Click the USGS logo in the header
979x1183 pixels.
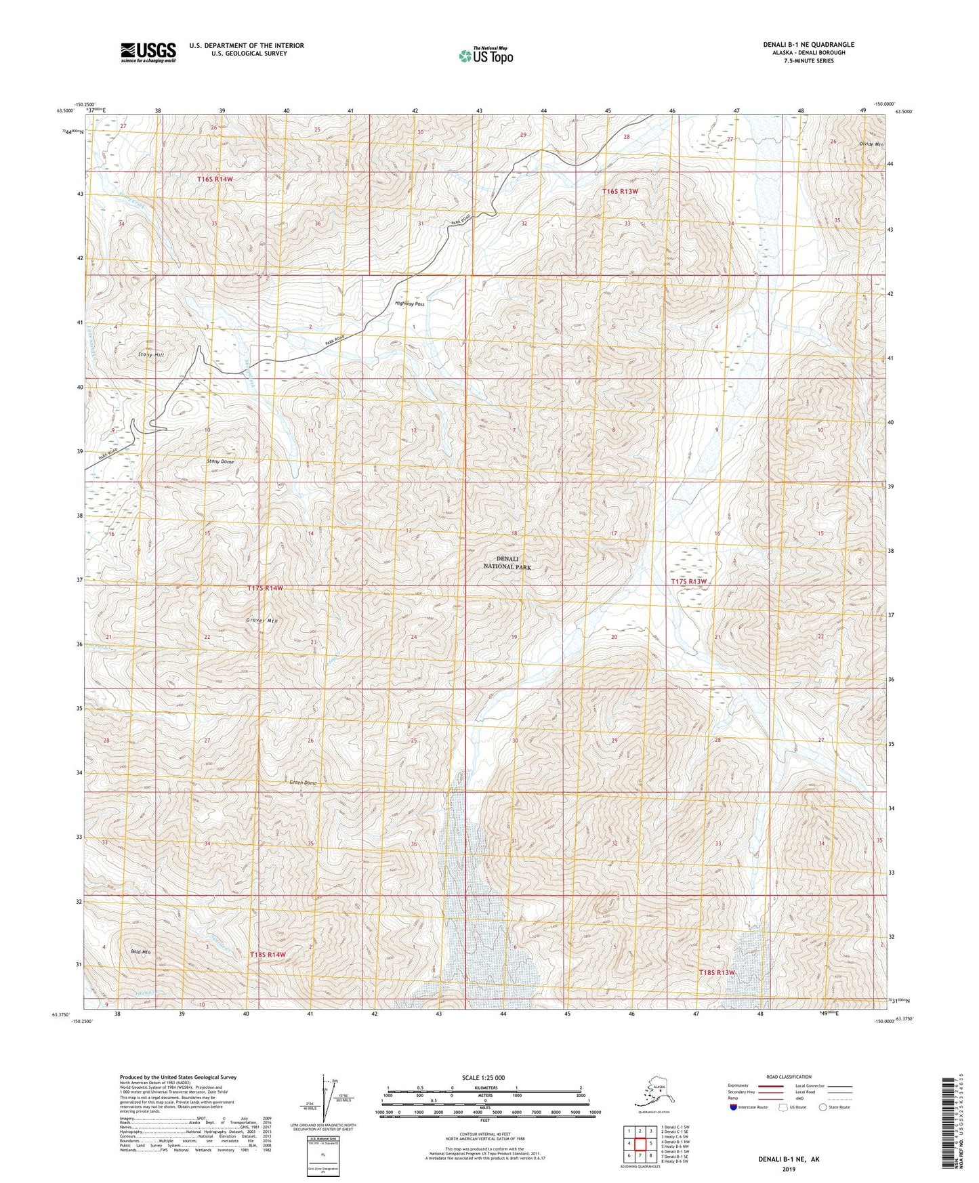[148, 52]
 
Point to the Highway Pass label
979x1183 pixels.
[409, 304]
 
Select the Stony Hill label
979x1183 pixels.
[151, 354]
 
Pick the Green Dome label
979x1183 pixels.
[303, 783]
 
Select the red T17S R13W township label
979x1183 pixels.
[689, 581]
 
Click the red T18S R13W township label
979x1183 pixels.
[717, 972]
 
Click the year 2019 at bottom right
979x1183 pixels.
[788, 1169]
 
